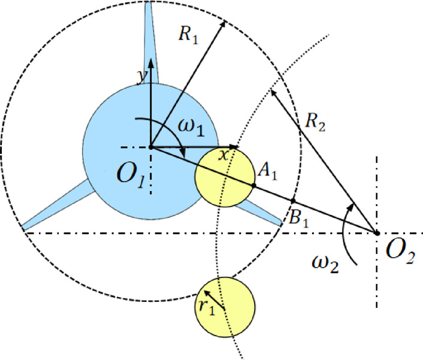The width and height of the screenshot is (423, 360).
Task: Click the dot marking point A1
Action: pyautogui.click(x=254, y=186)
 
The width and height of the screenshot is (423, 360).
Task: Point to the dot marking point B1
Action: pyautogui.click(x=293, y=201)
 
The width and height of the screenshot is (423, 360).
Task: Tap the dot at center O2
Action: pyautogui.click(x=377, y=232)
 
